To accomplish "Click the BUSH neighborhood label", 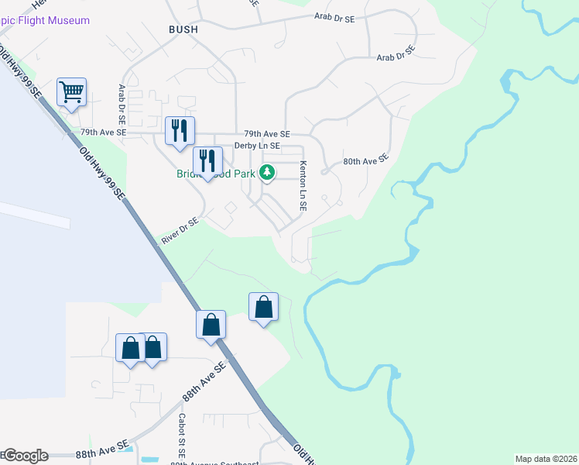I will pyautogui.click(x=183, y=29).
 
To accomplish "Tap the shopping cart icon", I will pyautogui.click(x=71, y=93).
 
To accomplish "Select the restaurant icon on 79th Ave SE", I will pyautogui.click(x=180, y=129).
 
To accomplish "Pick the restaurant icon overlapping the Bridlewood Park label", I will pyautogui.click(x=207, y=160).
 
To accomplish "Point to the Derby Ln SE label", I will pyautogui.click(x=257, y=146).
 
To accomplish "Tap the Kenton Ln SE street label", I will pyautogui.click(x=303, y=187).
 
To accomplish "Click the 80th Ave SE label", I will pyautogui.click(x=365, y=161).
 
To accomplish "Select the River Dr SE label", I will pyautogui.click(x=180, y=232).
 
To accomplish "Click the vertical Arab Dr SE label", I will pyautogui.click(x=122, y=105).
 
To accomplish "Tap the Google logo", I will pyautogui.click(x=25, y=456).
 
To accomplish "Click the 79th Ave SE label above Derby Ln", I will pyautogui.click(x=266, y=134).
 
